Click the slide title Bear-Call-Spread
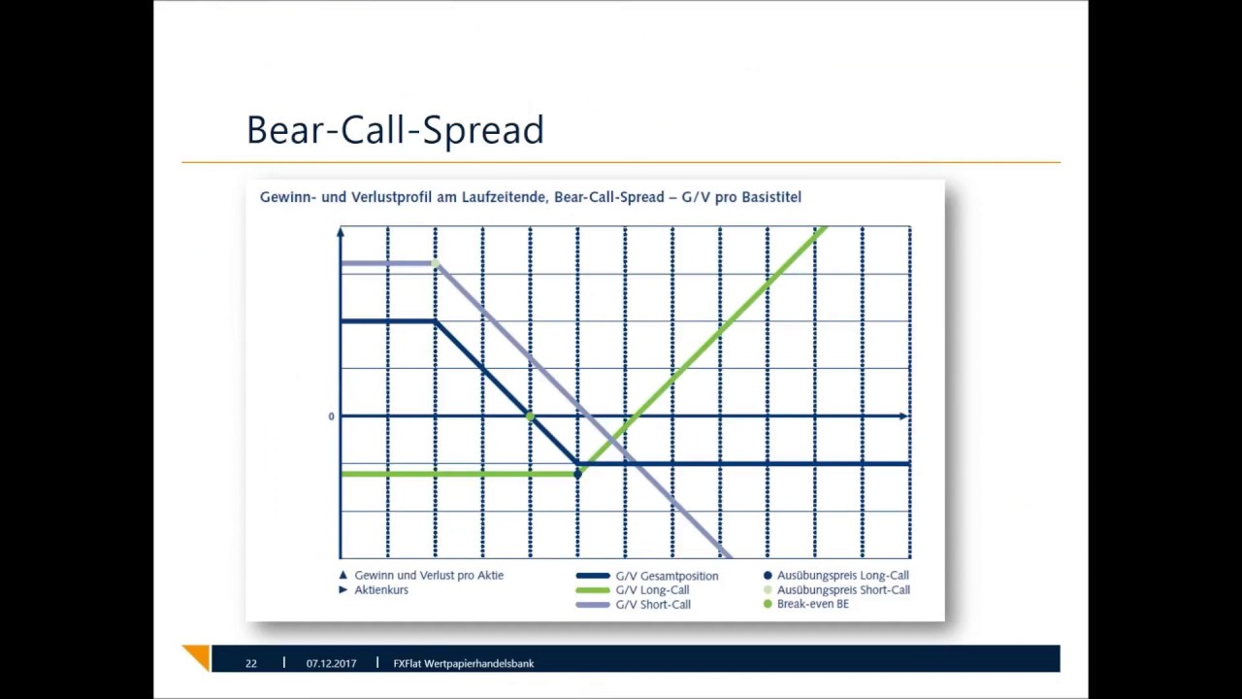pos(395,130)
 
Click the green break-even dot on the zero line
pos(530,416)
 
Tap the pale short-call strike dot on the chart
pos(436,263)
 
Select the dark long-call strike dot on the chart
pos(577,475)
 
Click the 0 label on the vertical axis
pos(332,416)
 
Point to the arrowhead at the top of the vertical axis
pos(341,231)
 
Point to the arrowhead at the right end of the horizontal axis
pos(903,416)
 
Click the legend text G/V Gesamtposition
pos(667,577)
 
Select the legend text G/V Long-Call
pos(653,590)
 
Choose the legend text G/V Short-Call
pos(653,605)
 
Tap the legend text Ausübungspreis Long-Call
pos(843,576)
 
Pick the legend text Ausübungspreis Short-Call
pos(843,590)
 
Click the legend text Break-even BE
pos(813,604)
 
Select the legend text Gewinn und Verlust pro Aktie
pos(429,576)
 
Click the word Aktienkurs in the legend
pos(381,590)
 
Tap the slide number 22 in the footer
pos(251,663)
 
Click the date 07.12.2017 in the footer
pos(331,663)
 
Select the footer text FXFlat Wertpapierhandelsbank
pos(464,663)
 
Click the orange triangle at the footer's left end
pos(200,655)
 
